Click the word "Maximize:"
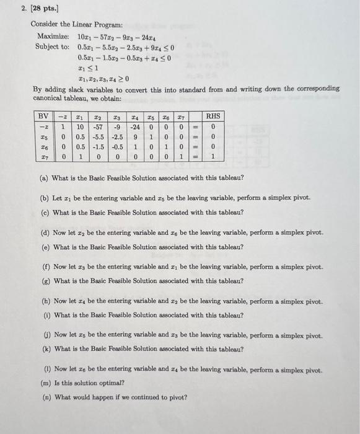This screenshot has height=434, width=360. pyautogui.click(x=53, y=36)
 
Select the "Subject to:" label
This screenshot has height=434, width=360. pyautogui.click(x=55, y=46)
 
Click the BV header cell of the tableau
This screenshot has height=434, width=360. pyautogui.click(x=44, y=116)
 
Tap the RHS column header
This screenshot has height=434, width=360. pyautogui.click(x=213, y=116)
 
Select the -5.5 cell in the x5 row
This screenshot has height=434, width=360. pyautogui.click(x=97, y=137)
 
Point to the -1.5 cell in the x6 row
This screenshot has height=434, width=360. pyautogui.click(x=97, y=148)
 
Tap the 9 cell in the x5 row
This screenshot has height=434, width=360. pyautogui.click(x=132, y=137)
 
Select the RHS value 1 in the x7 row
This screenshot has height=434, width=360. pyautogui.click(x=213, y=157)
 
